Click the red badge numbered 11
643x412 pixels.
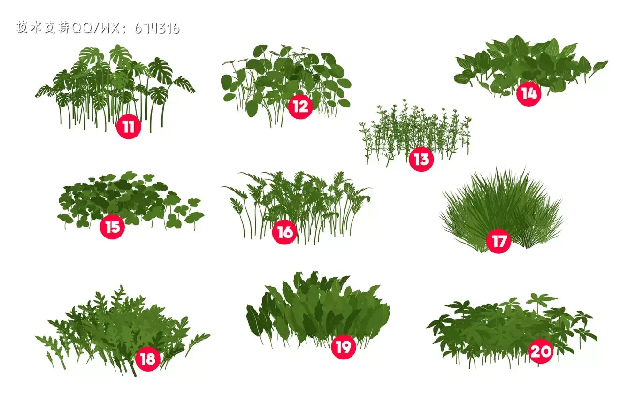click(129, 127)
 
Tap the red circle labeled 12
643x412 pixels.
click(300, 107)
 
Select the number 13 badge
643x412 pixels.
click(421, 160)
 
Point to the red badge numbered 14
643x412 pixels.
click(528, 94)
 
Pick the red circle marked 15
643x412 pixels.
click(112, 227)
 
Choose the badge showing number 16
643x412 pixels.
click(284, 232)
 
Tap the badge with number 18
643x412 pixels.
click(147, 359)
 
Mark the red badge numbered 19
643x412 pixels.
click(343, 347)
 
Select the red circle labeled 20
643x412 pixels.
click(541, 351)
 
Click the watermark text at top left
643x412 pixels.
click(98, 28)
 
